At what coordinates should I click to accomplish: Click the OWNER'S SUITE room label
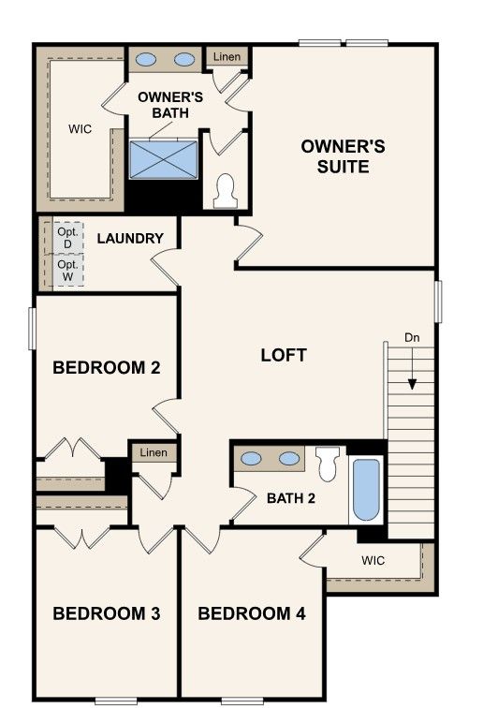[344, 156]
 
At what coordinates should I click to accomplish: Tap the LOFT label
[284, 355]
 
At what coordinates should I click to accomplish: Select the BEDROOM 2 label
[107, 367]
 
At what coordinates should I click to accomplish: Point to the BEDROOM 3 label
[107, 613]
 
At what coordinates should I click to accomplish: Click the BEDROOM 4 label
[252, 613]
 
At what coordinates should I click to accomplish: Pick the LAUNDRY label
[130, 239]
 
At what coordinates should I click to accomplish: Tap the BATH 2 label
[291, 498]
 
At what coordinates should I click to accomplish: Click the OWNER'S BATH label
[170, 105]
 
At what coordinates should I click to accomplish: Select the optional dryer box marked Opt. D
[68, 238]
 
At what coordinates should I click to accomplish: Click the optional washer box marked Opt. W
[68, 271]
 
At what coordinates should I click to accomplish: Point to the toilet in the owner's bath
[226, 191]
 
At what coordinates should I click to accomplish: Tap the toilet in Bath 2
[328, 464]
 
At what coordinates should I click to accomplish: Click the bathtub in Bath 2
[366, 490]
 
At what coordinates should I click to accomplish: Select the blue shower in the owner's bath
[164, 160]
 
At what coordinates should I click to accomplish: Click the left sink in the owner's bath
[146, 59]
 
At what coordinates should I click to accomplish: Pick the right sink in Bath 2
[289, 459]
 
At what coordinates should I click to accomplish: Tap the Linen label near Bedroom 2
[154, 452]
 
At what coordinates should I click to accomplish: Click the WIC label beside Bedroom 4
[373, 560]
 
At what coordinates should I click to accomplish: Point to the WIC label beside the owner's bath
[80, 129]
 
